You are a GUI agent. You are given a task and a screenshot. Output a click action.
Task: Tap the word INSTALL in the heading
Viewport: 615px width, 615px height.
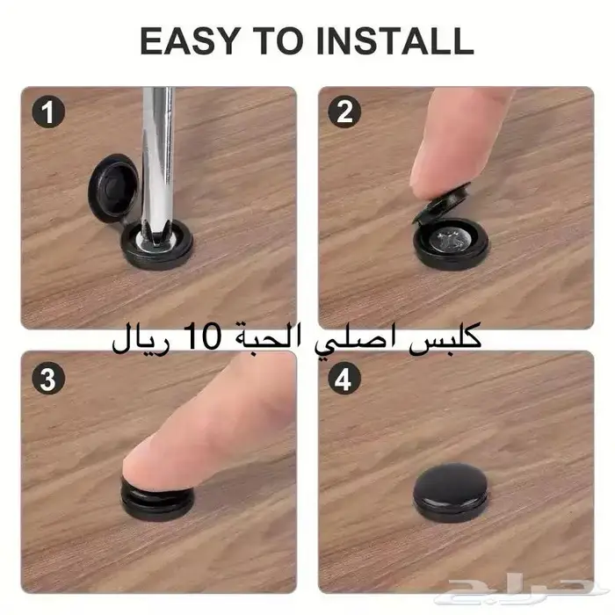[x=395, y=40]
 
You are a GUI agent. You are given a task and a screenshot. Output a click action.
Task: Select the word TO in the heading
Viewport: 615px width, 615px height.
[x=279, y=40]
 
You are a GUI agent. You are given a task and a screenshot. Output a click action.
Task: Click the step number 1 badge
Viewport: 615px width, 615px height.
[x=47, y=112]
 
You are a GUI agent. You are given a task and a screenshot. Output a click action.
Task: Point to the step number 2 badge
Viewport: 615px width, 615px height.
[x=344, y=112]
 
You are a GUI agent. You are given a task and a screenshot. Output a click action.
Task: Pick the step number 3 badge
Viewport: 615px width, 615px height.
[x=47, y=379]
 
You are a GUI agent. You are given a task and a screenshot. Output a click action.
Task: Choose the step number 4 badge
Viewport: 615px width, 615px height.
[x=344, y=379]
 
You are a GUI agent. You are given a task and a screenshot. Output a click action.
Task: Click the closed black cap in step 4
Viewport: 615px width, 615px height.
[x=451, y=492]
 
